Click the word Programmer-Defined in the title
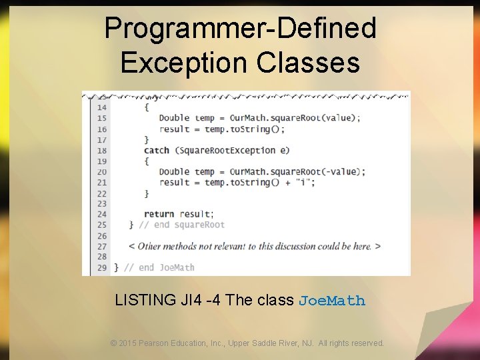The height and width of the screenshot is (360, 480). [x=240, y=29]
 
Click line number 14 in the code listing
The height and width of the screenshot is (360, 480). [x=101, y=107]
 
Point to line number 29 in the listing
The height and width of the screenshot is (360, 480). [x=101, y=267]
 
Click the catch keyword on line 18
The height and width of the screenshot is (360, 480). [x=157, y=150]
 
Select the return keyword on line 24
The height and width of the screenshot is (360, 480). [x=159, y=214]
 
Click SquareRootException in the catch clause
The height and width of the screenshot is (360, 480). [x=223, y=150]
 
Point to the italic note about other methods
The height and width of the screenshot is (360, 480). [x=254, y=246]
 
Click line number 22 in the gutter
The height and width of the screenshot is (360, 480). [x=101, y=193]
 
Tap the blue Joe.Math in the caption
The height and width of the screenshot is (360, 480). [x=332, y=301]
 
